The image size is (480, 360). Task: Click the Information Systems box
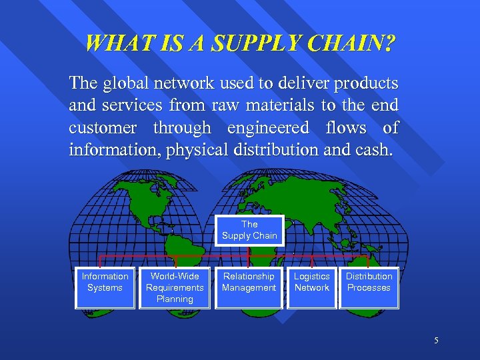[105, 287]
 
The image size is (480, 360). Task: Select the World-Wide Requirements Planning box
[175, 287]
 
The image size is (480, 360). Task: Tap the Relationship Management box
[249, 287]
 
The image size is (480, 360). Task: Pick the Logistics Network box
[311, 287]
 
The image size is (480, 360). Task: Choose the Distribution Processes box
[369, 287]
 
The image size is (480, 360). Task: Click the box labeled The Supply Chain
[249, 230]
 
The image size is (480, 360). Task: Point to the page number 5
[436, 341]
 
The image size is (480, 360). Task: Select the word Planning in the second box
[175, 299]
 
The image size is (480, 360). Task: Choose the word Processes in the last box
[369, 288]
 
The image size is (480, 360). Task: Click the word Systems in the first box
[105, 288]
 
